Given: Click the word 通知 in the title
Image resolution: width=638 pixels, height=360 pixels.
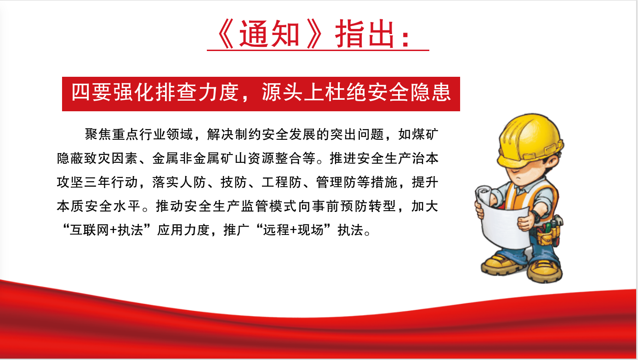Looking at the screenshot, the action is pos(269,34).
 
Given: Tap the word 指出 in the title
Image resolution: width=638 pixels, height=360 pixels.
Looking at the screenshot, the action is pos(365,34).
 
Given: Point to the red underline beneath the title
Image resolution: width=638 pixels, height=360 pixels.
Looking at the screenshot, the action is pos(318,51).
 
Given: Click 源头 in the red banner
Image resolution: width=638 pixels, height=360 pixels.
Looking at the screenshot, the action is pos(282,92).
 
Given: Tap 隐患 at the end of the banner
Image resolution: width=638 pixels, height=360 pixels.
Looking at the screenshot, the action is pos(430,92).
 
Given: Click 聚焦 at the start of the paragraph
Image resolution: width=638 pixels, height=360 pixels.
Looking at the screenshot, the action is pos(98,134).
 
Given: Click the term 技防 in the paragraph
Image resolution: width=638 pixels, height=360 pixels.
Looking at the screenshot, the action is pos(233,182).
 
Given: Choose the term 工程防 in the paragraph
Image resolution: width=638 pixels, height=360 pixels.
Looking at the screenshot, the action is pos(281,182).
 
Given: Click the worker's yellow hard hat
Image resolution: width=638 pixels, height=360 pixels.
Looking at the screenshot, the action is pos(530,140).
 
